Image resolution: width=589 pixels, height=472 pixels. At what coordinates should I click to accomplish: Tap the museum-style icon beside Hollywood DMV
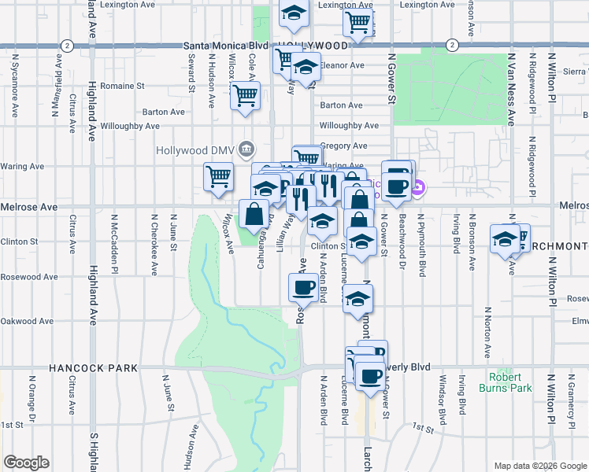[246, 149]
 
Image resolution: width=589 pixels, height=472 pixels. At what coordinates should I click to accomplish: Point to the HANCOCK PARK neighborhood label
[93, 367]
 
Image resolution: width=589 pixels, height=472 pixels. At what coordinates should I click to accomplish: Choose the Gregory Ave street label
[343, 146]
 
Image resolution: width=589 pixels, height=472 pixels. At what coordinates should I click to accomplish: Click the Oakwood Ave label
[28, 321]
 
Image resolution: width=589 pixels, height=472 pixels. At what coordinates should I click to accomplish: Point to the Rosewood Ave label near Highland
[29, 277]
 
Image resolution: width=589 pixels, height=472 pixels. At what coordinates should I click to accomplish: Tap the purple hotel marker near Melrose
[419, 188]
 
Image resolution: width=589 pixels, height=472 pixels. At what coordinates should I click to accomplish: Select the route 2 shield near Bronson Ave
[451, 45]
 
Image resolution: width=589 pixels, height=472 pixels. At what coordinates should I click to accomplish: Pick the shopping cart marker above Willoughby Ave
[245, 96]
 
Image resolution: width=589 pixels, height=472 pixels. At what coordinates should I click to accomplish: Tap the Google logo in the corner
[26, 463]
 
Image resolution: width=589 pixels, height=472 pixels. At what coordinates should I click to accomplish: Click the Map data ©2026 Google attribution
[539, 466]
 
